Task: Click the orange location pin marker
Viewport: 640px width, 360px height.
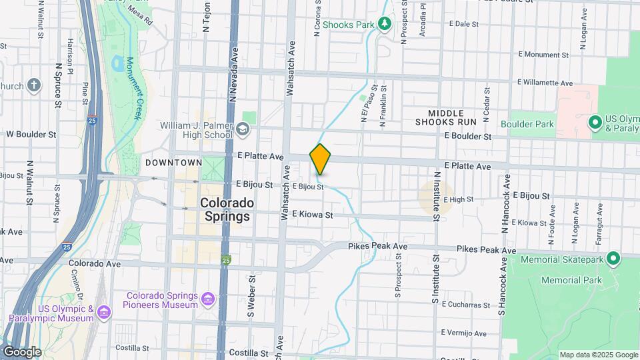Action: [320, 159]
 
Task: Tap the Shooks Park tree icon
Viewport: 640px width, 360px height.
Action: [384, 25]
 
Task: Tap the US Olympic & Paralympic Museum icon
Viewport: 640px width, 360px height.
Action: [103, 312]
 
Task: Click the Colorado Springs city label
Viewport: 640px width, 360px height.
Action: [227, 209]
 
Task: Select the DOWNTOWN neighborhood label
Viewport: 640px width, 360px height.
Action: [173, 163]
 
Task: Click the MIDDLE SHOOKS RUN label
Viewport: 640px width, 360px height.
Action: [445, 117]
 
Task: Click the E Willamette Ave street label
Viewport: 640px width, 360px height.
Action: [545, 83]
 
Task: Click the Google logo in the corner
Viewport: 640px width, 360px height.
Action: [22, 351]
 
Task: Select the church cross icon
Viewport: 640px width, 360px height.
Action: [34, 85]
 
